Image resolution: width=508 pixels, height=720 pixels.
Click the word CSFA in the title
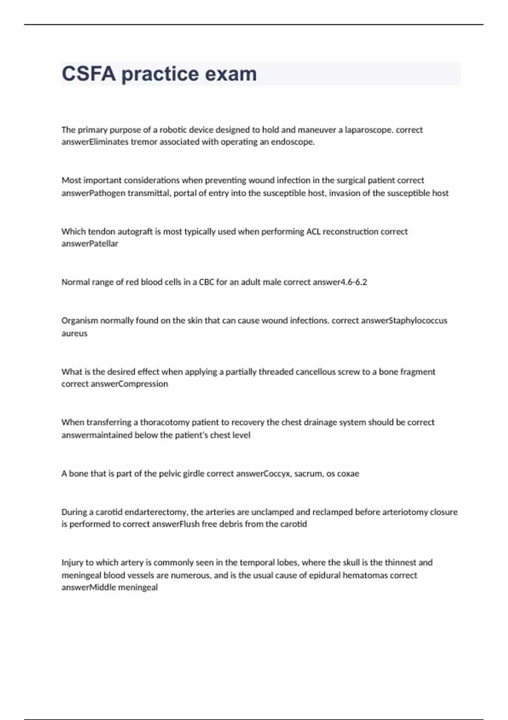tap(88, 74)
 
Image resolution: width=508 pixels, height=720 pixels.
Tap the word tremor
tap(144, 142)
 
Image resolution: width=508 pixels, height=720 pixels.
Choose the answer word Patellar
tap(104, 244)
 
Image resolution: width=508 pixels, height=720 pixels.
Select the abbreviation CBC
tap(207, 282)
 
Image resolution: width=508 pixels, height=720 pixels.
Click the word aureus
tap(75, 333)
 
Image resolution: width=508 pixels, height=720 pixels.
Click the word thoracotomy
tap(165, 422)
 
